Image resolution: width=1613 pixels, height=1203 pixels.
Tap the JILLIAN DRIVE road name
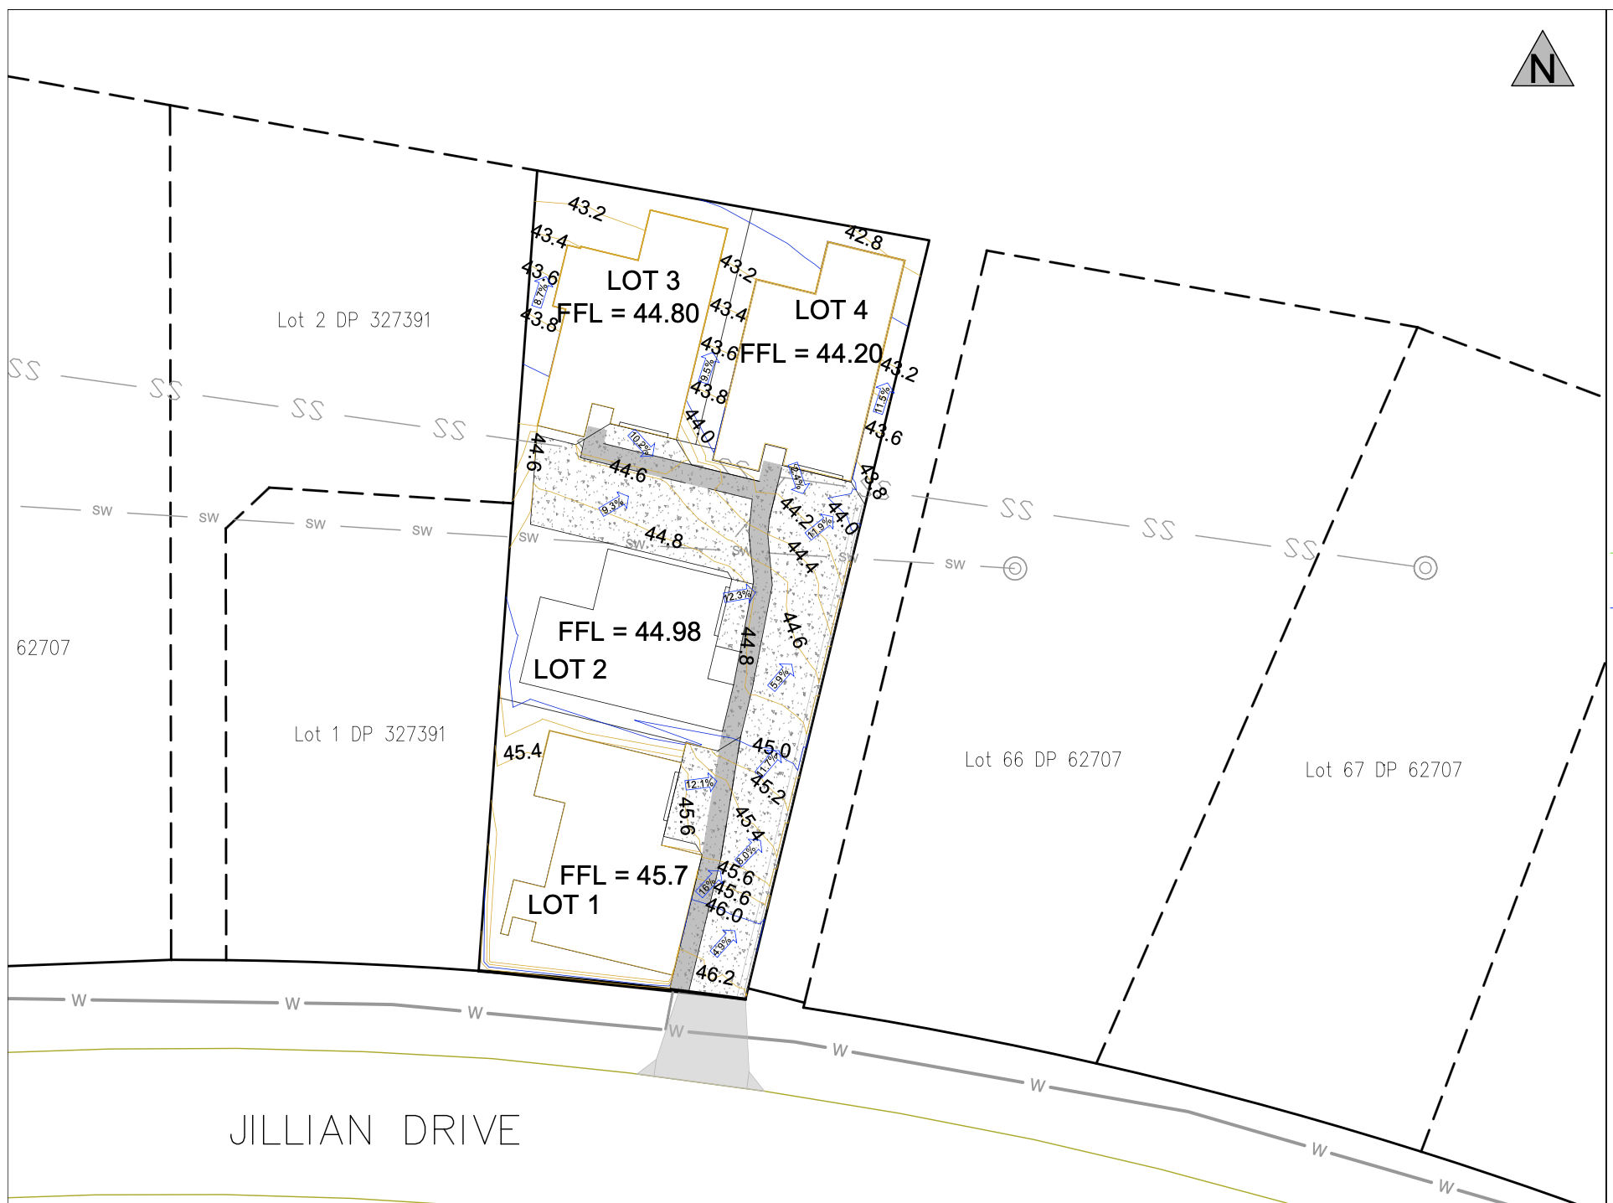point(374,1131)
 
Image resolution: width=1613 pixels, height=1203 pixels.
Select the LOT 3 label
point(643,281)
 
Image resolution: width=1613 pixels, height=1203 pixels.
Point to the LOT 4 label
point(831,310)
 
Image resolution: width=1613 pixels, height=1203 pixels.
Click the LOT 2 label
point(569,669)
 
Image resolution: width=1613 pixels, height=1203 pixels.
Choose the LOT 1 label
point(563,905)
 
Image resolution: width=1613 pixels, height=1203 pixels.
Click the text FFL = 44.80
point(628,313)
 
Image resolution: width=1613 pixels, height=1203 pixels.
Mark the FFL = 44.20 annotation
point(811,354)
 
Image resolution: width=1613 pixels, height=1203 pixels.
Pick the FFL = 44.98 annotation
point(629,632)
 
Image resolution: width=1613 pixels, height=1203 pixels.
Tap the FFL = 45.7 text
point(623,875)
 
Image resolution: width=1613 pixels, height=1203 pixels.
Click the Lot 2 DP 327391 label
point(353,320)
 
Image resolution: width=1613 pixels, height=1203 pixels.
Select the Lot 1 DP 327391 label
point(369,735)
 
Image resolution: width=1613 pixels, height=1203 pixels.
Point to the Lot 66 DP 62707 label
point(1043,760)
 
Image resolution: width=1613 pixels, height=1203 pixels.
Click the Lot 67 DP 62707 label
point(1383,770)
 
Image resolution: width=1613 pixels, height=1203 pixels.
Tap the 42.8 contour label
point(863,238)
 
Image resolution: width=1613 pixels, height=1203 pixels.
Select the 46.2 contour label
point(714,974)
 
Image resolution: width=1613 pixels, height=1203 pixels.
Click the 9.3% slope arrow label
point(613,505)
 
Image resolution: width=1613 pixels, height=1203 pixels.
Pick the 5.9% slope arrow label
point(780,677)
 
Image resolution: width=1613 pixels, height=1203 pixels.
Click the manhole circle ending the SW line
point(1015,569)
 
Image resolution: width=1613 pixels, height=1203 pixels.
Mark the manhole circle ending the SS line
point(1425,568)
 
